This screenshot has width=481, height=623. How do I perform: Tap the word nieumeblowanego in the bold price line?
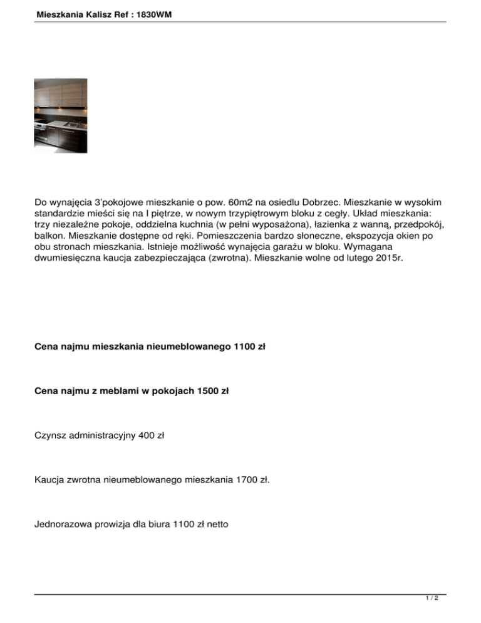click(189, 345)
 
